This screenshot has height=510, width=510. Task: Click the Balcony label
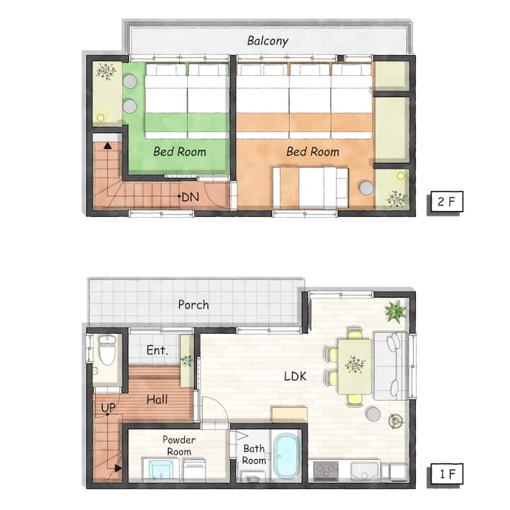click(x=267, y=41)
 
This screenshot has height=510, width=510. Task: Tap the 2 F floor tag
click(x=445, y=202)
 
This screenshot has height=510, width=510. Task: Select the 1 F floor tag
click(x=445, y=474)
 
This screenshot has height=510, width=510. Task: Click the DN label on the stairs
click(x=190, y=197)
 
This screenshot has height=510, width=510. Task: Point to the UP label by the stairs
click(x=108, y=408)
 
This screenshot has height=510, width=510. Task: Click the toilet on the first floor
click(x=107, y=351)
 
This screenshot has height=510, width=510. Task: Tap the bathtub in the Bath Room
click(x=286, y=456)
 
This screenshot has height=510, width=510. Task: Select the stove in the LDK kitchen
click(x=326, y=470)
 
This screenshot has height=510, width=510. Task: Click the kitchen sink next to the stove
click(x=365, y=470)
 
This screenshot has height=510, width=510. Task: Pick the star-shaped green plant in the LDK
click(x=395, y=311)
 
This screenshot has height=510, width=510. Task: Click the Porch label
click(x=193, y=305)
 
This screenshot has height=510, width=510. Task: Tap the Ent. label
click(x=157, y=351)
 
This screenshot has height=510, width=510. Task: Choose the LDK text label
click(x=295, y=376)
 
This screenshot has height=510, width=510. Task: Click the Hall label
click(x=157, y=399)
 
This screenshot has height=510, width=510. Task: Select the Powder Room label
click(x=179, y=446)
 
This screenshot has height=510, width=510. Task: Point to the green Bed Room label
click(x=179, y=152)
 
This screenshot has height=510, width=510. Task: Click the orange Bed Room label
click(x=312, y=152)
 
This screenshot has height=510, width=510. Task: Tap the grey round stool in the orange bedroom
click(x=367, y=188)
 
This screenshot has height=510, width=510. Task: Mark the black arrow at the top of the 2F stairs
click(x=108, y=145)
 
